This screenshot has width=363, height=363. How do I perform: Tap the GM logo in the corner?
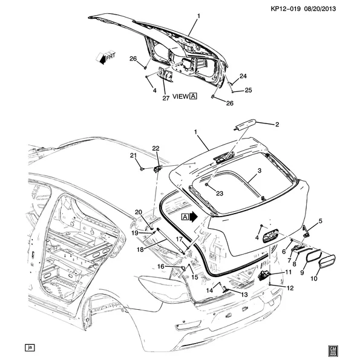tap(332, 350)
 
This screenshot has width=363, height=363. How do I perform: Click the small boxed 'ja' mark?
tap(28, 347)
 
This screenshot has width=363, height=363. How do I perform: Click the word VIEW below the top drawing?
tap(181, 96)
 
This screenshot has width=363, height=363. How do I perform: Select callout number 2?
tap(277, 125)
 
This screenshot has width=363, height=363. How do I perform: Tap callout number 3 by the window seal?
tap(259, 171)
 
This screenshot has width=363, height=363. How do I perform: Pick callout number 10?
tap(314, 279)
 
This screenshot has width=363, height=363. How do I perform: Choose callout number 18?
tap(140, 249)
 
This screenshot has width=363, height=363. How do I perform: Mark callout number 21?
tap(134, 156)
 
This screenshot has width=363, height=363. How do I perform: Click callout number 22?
tap(155, 148)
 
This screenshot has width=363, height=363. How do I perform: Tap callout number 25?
tap(248, 90)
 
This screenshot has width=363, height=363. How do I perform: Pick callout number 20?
tap(139, 212)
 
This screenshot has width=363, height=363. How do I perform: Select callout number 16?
tap(162, 266)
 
